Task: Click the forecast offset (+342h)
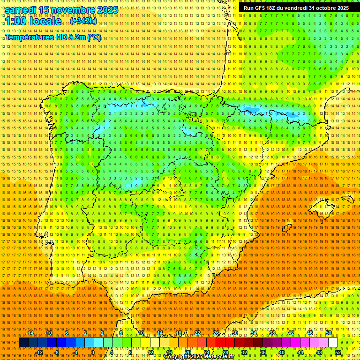click(x=83, y=21)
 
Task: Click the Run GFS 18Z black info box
click(x=296, y=8)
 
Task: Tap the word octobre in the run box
click(x=323, y=8)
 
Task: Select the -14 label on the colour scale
click(x=30, y=333)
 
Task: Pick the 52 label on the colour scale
click(x=338, y=352)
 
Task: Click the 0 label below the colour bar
click(x=93, y=352)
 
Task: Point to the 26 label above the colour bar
click(x=216, y=333)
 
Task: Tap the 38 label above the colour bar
click(x=272, y=333)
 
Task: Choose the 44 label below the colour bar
click(x=300, y=352)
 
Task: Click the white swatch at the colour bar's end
click(x=333, y=343)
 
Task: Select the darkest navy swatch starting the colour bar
click(x=23, y=343)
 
